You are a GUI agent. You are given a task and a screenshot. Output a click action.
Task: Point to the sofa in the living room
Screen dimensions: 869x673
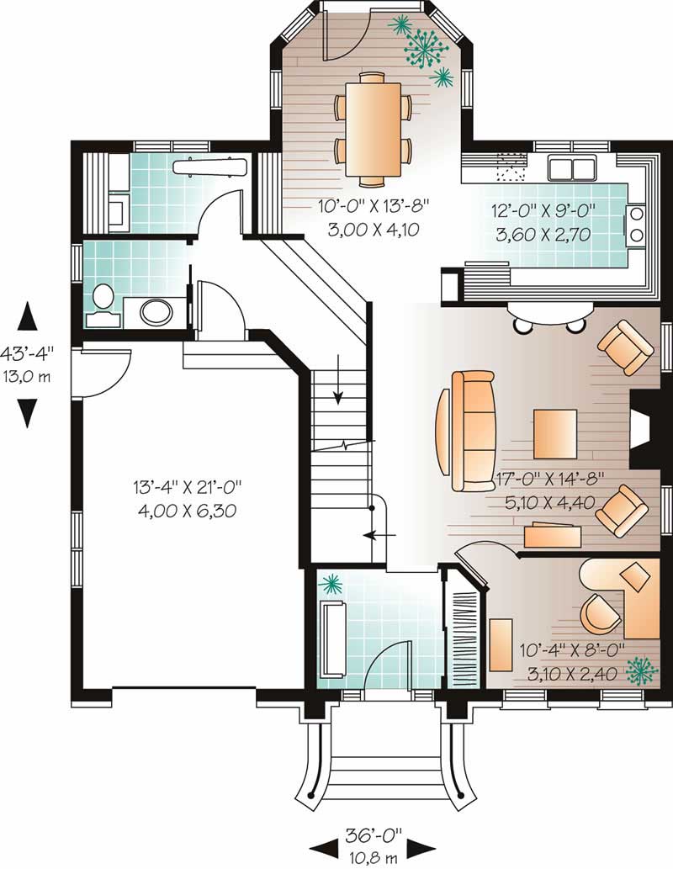(x=473, y=430)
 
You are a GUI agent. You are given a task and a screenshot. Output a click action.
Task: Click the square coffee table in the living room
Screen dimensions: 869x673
(x=555, y=433)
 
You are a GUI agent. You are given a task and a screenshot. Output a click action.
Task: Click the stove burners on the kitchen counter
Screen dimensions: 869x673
(x=636, y=223)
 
